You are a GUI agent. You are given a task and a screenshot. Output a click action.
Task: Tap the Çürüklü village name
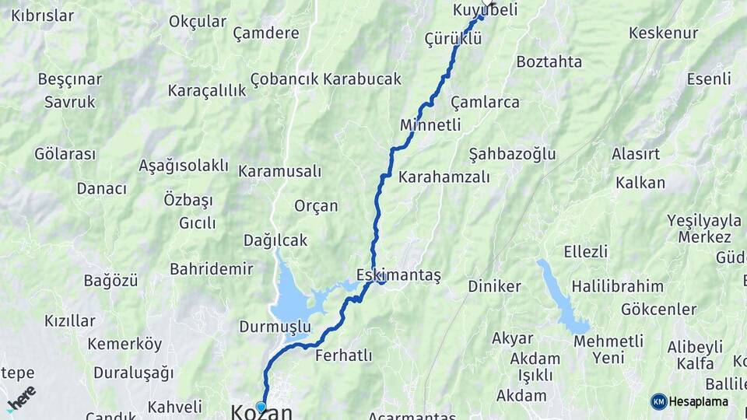click(x=454, y=38)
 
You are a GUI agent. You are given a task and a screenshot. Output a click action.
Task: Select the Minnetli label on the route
click(x=430, y=125)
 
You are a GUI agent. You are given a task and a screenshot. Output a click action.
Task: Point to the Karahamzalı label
click(x=444, y=177)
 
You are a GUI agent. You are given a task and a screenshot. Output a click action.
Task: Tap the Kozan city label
click(x=262, y=412)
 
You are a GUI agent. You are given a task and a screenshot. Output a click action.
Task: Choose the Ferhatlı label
click(x=344, y=355)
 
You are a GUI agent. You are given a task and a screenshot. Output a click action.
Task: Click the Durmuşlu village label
click(x=275, y=326)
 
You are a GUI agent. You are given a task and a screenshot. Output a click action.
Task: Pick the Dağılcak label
click(x=275, y=240)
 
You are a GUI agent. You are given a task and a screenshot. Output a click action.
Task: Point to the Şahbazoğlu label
click(x=513, y=154)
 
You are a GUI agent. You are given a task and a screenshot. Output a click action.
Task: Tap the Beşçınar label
click(x=70, y=79)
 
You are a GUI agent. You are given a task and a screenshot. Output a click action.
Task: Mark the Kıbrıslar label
click(x=43, y=16)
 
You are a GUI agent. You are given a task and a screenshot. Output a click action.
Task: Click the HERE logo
click(x=21, y=398)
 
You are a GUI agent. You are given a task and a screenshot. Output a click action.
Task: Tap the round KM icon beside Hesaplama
click(x=659, y=401)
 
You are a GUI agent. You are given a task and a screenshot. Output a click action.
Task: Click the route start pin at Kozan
click(x=261, y=406)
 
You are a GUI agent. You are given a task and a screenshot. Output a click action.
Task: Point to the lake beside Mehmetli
click(x=563, y=299)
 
